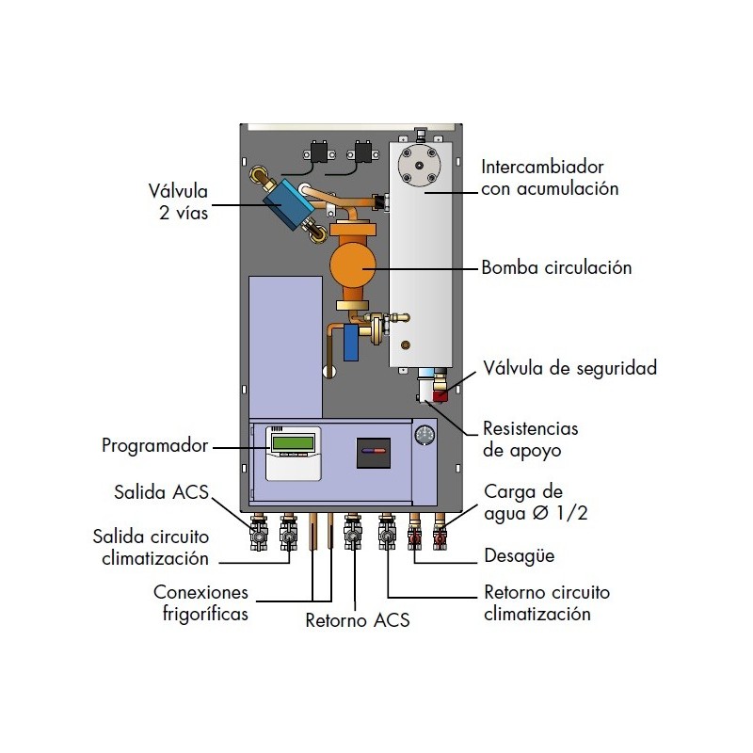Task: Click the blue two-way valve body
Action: (288, 203)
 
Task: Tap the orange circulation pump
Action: (353, 265)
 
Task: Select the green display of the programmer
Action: (293, 442)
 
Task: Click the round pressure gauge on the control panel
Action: (425, 434)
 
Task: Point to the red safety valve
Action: (441, 395)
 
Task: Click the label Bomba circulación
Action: (556, 267)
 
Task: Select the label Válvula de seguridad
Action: (570, 368)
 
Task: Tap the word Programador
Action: (155, 445)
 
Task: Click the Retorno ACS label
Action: (358, 620)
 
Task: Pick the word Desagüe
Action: (520, 555)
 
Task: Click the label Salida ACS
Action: (161, 492)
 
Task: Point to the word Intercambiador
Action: (542, 168)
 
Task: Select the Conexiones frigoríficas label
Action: (200, 602)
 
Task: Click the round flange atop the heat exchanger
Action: (419, 166)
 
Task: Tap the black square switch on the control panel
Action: (373, 453)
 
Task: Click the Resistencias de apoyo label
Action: (531, 440)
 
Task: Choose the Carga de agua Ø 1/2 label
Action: (536, 503)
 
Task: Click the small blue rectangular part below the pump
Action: (351, 343)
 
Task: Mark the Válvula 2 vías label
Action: (178, 201)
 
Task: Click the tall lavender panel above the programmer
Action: (285, 346)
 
